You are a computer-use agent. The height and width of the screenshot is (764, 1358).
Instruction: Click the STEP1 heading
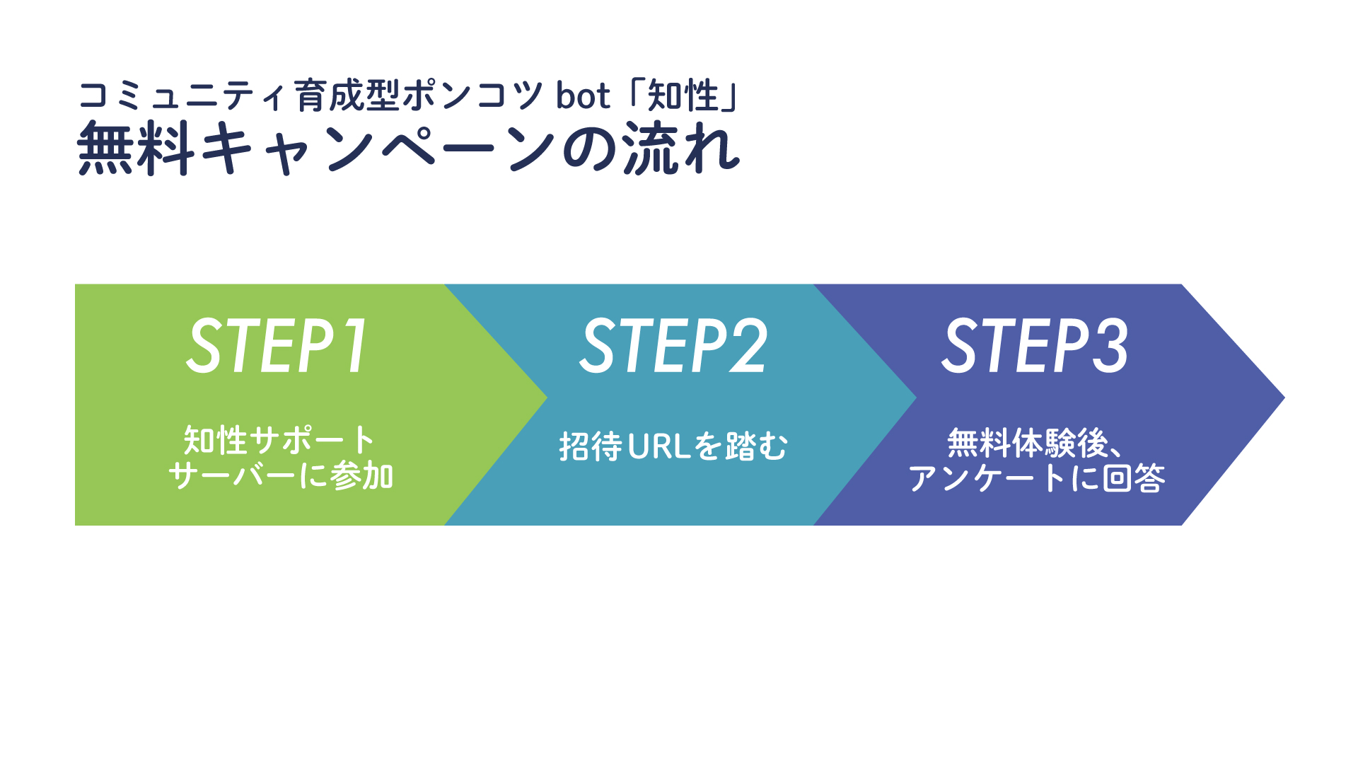tap(277, 345)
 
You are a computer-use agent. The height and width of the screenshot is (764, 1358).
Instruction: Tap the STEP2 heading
tap(673, 345)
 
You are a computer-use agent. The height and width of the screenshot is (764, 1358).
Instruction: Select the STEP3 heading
tap(1035, 345)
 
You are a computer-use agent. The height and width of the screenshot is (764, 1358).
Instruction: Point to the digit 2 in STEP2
tap(748, 345)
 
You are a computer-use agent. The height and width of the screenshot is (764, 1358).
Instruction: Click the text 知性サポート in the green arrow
tap(279, 440)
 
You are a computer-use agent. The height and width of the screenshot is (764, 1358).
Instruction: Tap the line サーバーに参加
tap(281, 475)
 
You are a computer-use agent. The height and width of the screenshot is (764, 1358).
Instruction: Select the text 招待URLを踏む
tap(673, 446)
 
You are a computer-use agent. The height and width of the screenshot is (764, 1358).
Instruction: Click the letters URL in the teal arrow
tap(659, 446)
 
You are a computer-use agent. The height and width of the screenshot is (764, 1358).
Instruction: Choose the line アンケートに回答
tap(1037, 478)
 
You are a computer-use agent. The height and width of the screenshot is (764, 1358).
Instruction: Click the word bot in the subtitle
tap(583, 95)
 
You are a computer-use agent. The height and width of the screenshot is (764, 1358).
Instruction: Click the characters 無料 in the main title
tap(135, 148)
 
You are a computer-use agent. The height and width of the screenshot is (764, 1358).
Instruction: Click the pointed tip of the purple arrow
tap(1283, 398)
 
